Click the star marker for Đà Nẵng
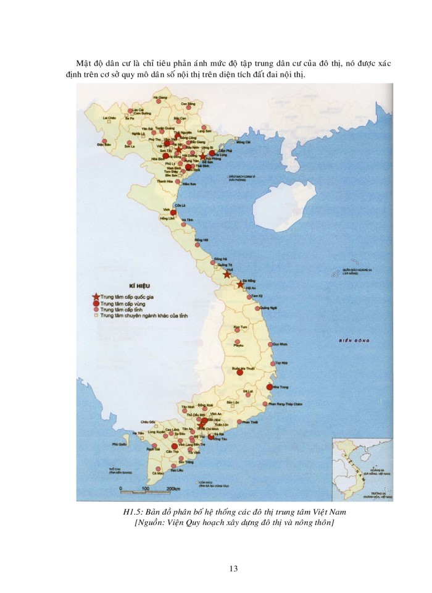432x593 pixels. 240,284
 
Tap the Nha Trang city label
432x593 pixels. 280,387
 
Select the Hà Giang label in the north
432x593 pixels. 160,98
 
